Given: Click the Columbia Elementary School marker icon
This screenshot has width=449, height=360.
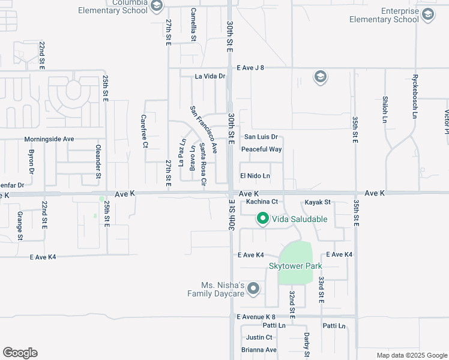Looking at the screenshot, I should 157,7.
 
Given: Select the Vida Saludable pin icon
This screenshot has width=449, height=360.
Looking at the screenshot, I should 262,219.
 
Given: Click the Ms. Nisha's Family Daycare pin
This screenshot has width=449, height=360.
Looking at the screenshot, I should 253,289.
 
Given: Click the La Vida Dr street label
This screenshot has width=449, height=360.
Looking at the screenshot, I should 210,76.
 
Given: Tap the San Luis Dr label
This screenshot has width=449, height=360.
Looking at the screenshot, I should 261,137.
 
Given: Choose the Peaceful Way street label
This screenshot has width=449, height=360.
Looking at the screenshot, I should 261,149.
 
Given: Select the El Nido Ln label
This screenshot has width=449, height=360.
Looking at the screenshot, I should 255,176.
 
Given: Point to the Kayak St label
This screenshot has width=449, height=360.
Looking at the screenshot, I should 318,202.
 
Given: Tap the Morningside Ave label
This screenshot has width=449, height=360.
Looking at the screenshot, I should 49,139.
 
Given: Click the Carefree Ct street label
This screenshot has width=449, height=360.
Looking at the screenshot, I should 144,131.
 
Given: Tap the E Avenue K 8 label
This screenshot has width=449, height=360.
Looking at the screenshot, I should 256,317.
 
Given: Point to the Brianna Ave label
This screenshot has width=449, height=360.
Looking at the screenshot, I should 259,350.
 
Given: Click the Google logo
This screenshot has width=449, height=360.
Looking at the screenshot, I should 20,353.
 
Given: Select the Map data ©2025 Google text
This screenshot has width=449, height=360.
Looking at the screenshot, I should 411,355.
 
